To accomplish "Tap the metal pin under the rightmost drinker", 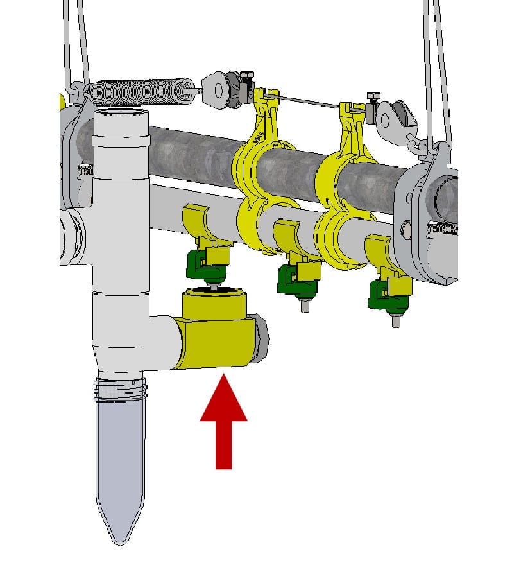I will pos(396,319).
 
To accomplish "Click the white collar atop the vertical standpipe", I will pos(121,128).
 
